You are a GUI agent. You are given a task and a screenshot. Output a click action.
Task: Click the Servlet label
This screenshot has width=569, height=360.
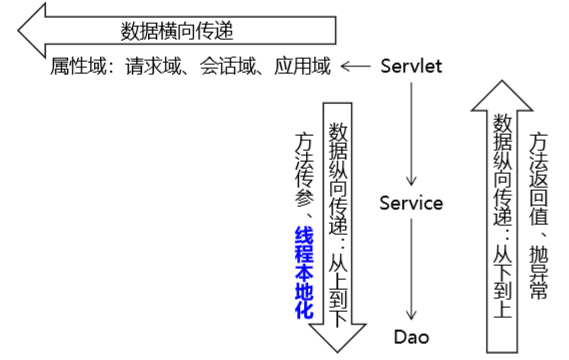pyautogui.click(x=411, y=66)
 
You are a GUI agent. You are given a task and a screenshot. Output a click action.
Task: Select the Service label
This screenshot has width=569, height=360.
pyautogui.click(x=411, y=203)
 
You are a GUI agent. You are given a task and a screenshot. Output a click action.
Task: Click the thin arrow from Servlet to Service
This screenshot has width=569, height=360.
pyautogui.click(x=411, y=133)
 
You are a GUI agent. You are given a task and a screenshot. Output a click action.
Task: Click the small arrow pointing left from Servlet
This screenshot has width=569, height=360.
pyautogui.click(x=355, y=67)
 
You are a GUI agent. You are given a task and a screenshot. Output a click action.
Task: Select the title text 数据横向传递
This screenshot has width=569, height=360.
pyautogui.click(x=177, y=31)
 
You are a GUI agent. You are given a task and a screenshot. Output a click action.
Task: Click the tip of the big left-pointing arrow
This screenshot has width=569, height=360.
pyautogui.click(x=20, y=30)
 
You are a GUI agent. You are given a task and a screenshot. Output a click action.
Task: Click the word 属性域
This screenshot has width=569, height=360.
pyautogui.click(x=74, y=67)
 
